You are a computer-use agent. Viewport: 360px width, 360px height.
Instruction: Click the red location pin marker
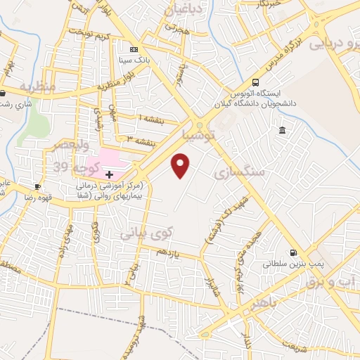(181, 165)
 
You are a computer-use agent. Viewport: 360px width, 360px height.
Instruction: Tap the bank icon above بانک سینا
(132, 49)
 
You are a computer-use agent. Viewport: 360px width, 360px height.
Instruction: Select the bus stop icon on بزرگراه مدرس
(255, 82)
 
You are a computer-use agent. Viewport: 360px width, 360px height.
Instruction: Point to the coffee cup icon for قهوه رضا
(37, 186)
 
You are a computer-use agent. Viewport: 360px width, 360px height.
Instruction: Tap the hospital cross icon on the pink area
(109, 173)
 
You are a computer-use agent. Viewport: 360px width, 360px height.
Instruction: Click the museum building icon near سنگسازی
(282, 131)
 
